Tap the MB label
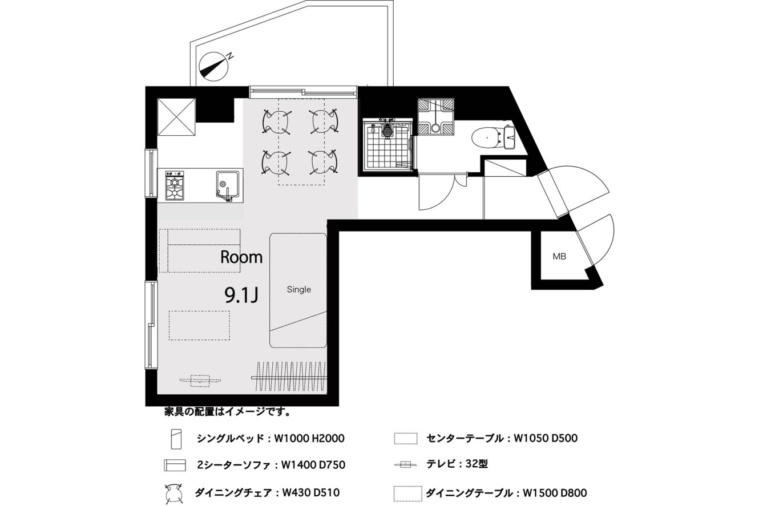tap(559, 256)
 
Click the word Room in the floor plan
tap(241, 257)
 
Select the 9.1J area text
tap(241, 295)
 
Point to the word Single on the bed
tap(298, 289)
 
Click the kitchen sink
tap(227, 186)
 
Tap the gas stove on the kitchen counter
tap(175, 185)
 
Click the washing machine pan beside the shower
tap(435, 116)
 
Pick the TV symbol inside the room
tap(200, 380)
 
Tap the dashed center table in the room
tap(199, 326)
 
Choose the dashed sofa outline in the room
tap(200, 250)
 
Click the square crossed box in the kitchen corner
tap(176, 116)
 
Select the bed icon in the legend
tap(176, 439)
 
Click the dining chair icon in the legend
tap(174, 493)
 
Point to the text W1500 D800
tap(555, 493)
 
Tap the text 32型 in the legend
tap(477, 464)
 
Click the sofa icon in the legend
tap(175, 465)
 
